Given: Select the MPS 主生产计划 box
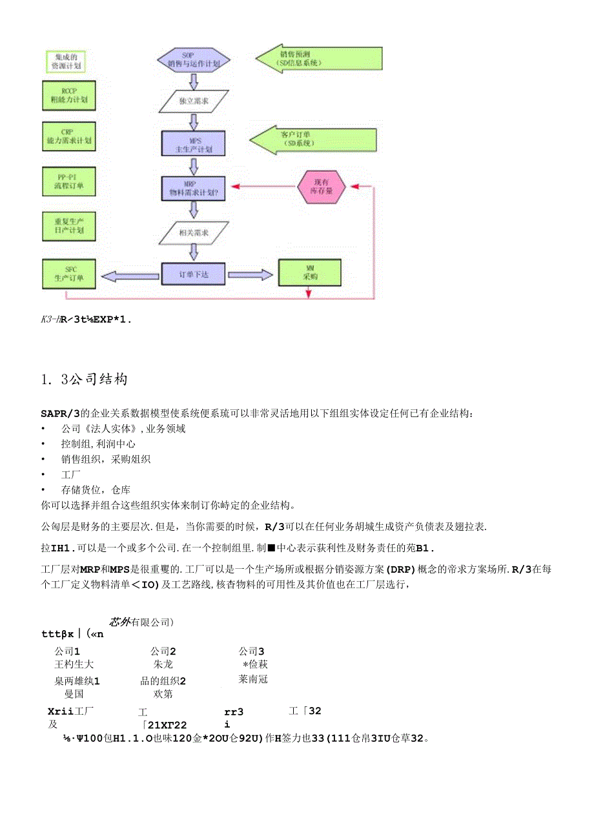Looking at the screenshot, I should [193, 143].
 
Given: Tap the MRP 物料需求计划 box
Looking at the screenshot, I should [193, 188].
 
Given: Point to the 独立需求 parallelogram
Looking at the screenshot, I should [194, 101].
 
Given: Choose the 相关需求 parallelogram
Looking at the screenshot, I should [194, 231].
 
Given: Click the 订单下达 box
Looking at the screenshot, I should [194, 274].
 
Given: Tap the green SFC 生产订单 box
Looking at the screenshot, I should [68, 274].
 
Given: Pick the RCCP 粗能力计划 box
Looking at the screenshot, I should [68, 96].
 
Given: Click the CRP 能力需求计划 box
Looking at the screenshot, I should [68, 136].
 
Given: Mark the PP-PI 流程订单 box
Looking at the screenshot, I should [68, 181].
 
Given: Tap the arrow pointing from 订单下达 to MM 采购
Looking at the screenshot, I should [252, 274].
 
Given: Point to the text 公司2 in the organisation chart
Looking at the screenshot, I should [163, 651].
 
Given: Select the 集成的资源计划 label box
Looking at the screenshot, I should [68, 61].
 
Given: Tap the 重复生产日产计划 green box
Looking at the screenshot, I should [68, 225].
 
